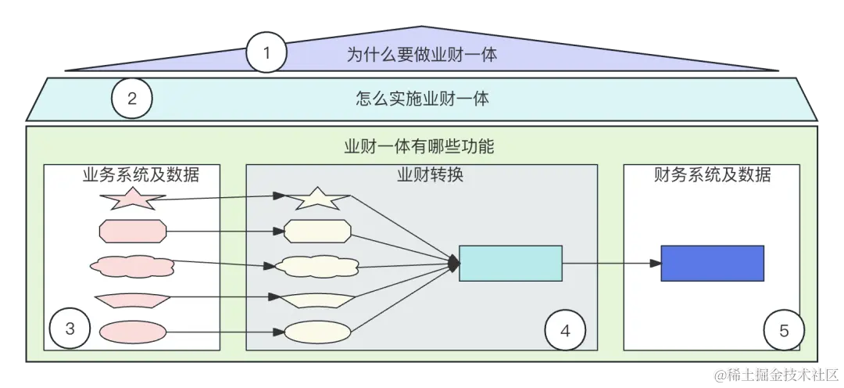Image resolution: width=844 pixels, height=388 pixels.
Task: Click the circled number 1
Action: tap(266, 53)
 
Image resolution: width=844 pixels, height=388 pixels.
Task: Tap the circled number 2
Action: tap(131, 99)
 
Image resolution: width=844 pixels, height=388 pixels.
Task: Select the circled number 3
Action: tap(70, 329)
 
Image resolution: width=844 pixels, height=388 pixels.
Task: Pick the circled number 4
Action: tap(565, 331)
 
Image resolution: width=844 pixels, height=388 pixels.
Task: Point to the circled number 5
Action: tap(784, 331)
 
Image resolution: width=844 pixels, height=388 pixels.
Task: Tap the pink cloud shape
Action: tap(131, 265)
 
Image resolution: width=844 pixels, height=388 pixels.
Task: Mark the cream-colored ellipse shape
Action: tap(316, 332)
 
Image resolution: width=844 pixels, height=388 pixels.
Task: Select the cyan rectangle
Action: tap(510, 263)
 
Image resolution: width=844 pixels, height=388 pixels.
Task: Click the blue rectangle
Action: tap(712, 263)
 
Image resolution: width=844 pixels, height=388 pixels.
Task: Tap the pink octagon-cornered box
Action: tap(131, 232)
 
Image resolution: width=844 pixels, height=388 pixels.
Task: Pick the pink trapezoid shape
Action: tap(131, 299)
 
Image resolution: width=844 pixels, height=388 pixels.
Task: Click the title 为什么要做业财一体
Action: tap(422, 54)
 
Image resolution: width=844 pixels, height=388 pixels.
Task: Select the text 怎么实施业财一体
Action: tap(422, 99)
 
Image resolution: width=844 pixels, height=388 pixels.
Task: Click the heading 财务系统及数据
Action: tap(712, 174)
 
